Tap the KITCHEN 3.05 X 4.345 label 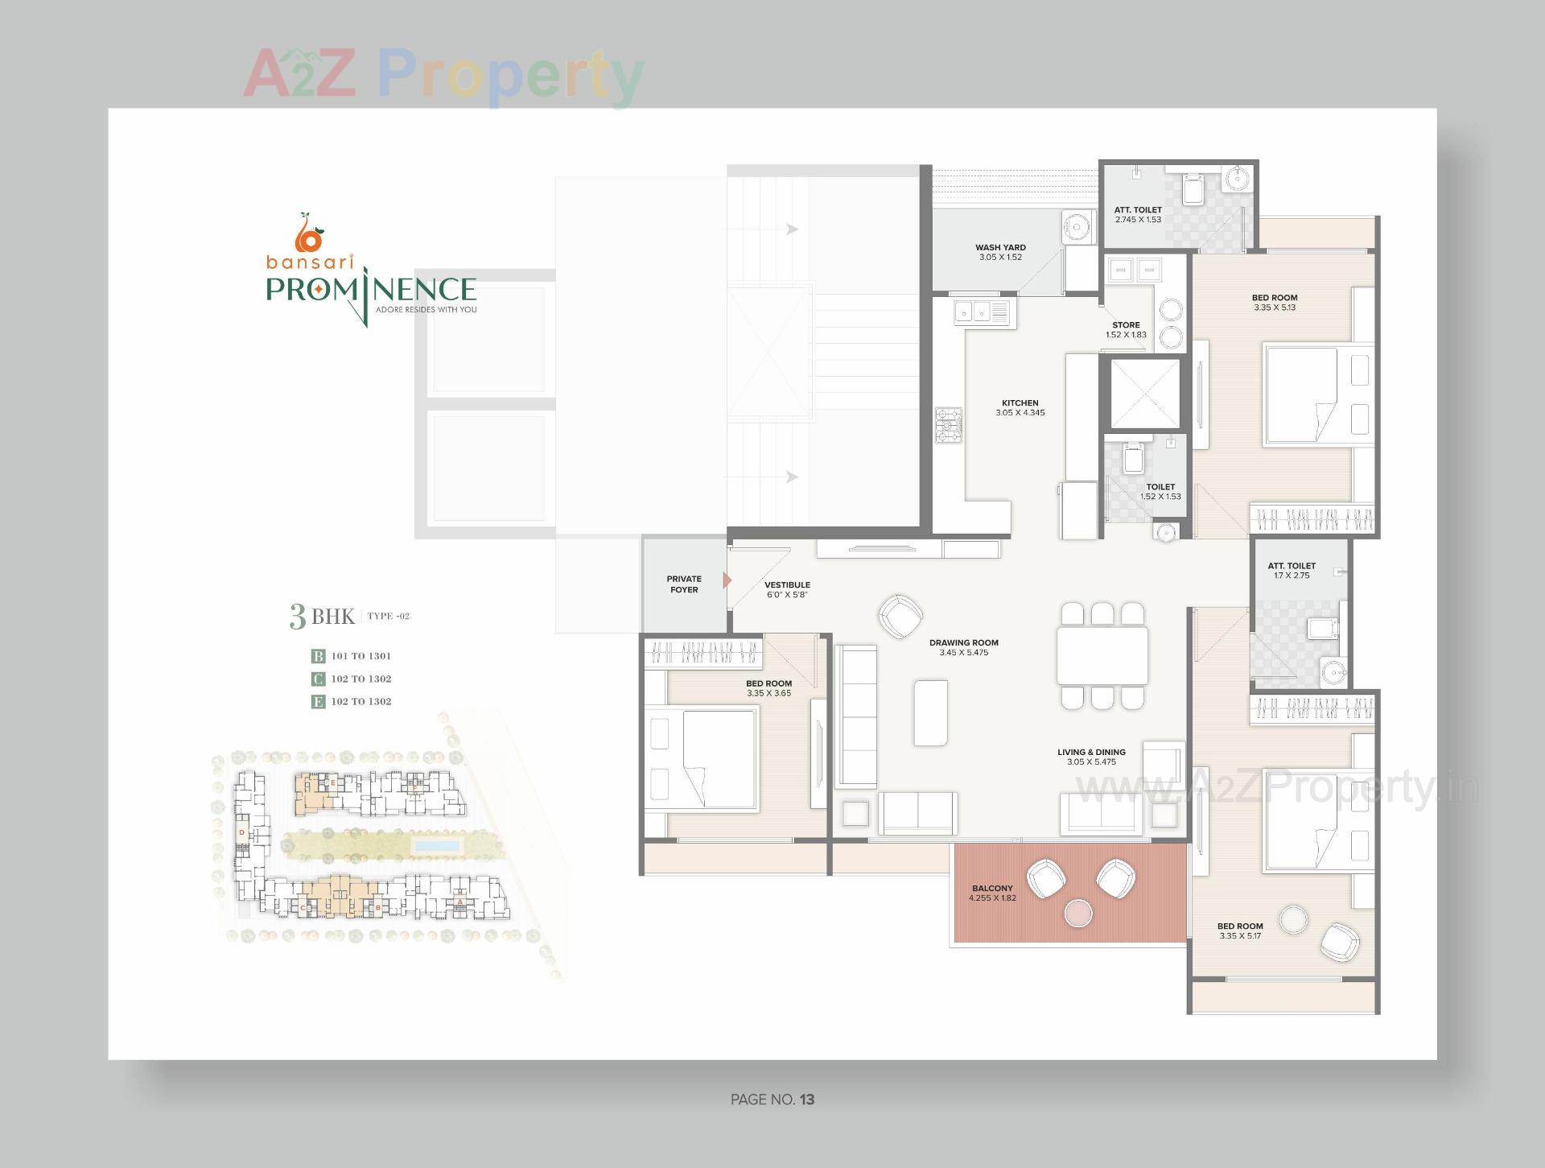1020,407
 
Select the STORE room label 1125,325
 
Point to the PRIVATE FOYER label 684,584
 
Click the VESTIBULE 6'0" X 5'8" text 787,589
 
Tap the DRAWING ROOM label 963,642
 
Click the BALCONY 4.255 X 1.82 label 992,893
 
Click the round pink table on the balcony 1077,913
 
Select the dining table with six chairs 1102,655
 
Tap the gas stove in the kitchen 949,425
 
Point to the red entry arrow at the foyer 727,580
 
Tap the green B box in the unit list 318,656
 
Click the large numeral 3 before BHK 298,617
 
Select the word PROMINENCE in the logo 371,290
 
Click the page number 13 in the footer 807,1100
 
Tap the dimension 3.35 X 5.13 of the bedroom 1275,307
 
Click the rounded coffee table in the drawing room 930,712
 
